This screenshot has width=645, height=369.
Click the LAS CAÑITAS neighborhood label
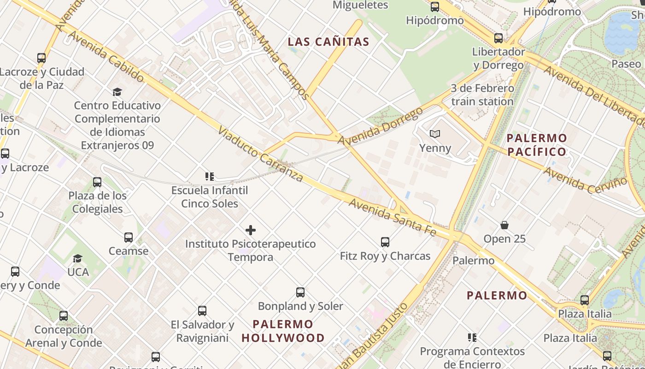328,42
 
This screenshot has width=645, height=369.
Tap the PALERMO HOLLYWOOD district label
283,331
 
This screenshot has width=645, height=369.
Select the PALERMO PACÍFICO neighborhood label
537,145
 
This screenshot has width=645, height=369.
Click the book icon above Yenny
435,134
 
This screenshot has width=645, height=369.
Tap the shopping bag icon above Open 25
504,225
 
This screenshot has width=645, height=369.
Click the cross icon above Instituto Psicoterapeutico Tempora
251,230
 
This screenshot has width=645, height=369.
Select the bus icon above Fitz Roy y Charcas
385,242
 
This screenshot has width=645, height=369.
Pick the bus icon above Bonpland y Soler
300,292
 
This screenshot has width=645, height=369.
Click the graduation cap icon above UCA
78,258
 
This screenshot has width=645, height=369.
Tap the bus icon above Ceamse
129,238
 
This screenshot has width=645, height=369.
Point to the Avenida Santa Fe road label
392,217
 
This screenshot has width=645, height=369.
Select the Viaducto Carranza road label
261,155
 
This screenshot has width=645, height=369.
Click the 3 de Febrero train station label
482,95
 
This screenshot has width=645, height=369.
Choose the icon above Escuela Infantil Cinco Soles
210,177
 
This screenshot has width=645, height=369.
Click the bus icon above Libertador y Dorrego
498,38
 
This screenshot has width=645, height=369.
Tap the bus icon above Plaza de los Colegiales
97,182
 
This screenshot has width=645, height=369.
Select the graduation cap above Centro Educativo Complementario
117,92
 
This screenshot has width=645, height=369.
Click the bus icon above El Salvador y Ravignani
202,311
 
